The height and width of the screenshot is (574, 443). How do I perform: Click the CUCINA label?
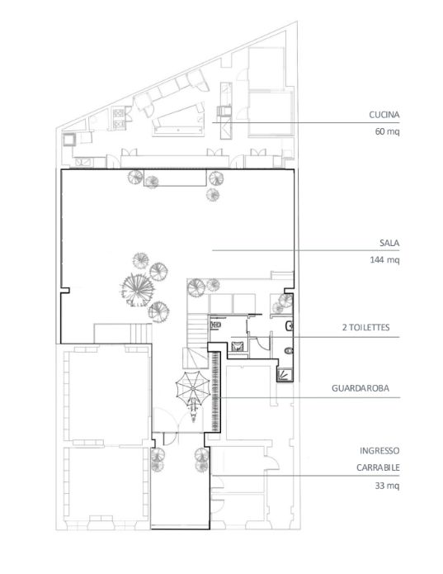click(384, 115)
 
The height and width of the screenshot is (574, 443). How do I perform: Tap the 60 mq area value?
click(387, 131)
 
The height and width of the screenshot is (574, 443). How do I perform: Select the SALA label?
click(389, 243)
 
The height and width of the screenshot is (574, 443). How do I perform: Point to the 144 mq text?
click(384, 259)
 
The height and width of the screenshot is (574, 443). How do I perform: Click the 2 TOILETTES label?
click(366, 327)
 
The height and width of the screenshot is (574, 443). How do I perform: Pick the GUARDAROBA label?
click(361, 388)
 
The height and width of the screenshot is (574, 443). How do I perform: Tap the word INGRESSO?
click(379, 451)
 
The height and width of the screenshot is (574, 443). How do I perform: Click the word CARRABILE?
click(378, 467)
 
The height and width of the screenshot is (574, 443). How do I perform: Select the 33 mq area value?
click(387, 486)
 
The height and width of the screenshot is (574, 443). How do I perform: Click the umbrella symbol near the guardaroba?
click(192, 388)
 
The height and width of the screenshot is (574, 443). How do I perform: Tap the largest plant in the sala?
click(138, 290)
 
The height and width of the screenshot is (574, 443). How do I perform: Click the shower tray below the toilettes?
click(285, 375)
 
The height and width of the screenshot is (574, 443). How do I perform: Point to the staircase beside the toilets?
click(197, 341)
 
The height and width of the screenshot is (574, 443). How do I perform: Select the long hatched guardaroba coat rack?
click(215, 391)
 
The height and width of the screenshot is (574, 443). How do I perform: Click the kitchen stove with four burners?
click(119, 119)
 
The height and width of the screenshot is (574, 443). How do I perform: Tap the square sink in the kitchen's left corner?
click(69, 139)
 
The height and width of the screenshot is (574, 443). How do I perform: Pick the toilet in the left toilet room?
click(215, 325)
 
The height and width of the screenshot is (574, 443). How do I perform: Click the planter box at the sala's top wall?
click(175, 178)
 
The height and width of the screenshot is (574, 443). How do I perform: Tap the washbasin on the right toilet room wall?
click(289, 325)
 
